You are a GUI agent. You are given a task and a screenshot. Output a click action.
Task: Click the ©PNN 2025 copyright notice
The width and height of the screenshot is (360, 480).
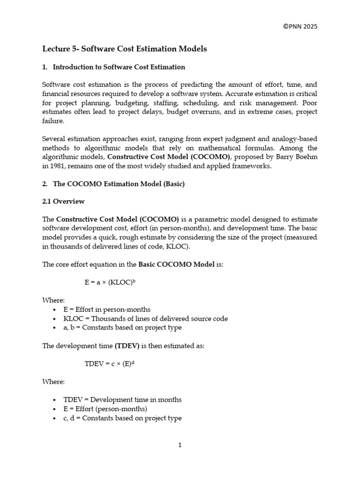(x=300, y=26)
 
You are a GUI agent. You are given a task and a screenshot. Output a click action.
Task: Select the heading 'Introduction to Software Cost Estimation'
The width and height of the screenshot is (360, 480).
(x=119, y=67)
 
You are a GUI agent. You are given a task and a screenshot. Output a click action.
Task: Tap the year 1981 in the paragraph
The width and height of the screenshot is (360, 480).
(x=58, y=166)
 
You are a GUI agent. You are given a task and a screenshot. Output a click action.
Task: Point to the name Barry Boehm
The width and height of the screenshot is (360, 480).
(x=298, y=157)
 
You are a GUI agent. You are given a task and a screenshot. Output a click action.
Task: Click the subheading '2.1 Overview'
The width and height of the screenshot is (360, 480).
(x=63, y=202)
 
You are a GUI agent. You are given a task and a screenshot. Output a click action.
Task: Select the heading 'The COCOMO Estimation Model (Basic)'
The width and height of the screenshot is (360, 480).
(x=119, y=184)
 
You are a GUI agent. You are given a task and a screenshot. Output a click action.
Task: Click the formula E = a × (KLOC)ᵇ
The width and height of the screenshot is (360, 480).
(x=110, y=283)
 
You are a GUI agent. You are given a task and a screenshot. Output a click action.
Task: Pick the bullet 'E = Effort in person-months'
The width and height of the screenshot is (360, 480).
(x=107, y=309)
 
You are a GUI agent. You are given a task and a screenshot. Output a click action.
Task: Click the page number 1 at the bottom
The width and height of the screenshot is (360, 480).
(x=180, y=445)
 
